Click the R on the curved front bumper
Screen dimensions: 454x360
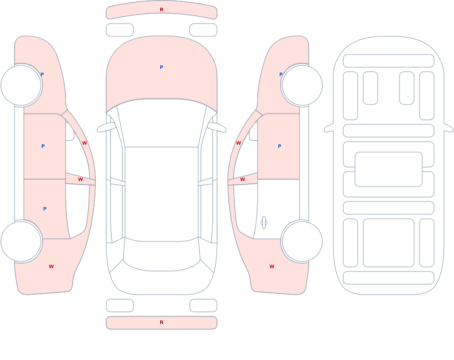click(x=162, y=10)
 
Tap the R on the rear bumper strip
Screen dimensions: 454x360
click(x=162, y=322)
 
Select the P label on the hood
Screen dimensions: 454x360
click(x=162, y=67)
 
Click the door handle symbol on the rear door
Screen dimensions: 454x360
click(x=264, y=223)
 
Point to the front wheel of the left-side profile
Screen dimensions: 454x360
click(x=21, y=85)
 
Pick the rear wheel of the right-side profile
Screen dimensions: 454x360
click(x=302, y=242)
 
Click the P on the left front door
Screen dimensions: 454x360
click(x=43, y=146)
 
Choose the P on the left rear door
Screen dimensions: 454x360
click(x=44, y=209)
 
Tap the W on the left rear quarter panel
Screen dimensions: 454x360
click(x=51, y=266)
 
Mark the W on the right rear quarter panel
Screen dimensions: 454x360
click(x=272, y=266)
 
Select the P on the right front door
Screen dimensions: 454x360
click(x=279, y=146)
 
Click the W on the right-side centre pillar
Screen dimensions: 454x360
click(x=242, y=180)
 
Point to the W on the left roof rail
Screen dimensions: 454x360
click(x=84, y=143)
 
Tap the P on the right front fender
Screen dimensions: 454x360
click(x=281, y=74)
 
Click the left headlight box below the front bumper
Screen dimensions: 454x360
click(x=120, y=30)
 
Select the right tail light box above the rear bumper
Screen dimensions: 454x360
click(x=203, y=306)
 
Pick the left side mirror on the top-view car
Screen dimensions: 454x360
click(x=106, y=127)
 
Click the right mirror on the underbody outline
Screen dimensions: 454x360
click(x=449, y=128)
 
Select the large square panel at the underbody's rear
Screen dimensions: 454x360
click(x=389, y=243)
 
